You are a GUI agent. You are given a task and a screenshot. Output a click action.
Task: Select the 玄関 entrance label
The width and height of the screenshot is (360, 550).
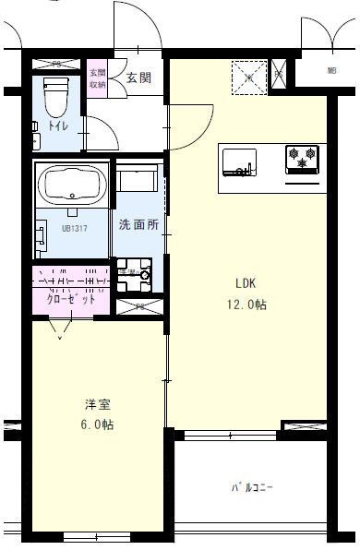tap(139, 78)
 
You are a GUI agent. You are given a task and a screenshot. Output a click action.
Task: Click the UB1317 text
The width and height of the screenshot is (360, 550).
tap(76, 228)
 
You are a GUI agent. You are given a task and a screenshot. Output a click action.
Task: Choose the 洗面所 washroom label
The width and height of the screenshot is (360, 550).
tap(138, 224)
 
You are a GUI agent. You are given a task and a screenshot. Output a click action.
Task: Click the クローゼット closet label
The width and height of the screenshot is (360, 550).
tap(71, 300)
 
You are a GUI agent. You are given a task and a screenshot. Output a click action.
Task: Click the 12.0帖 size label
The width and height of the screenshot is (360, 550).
tap(247, 305)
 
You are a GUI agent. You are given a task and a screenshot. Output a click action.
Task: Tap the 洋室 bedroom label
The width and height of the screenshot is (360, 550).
tap(95, 404)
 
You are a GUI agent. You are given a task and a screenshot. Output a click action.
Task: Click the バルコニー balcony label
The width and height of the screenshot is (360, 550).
tap(252, 486)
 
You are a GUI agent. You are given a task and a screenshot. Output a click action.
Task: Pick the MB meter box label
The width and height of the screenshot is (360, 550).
tap(331, 70)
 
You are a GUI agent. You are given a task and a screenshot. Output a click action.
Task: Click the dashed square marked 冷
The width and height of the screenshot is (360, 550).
tap(247, 76)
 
